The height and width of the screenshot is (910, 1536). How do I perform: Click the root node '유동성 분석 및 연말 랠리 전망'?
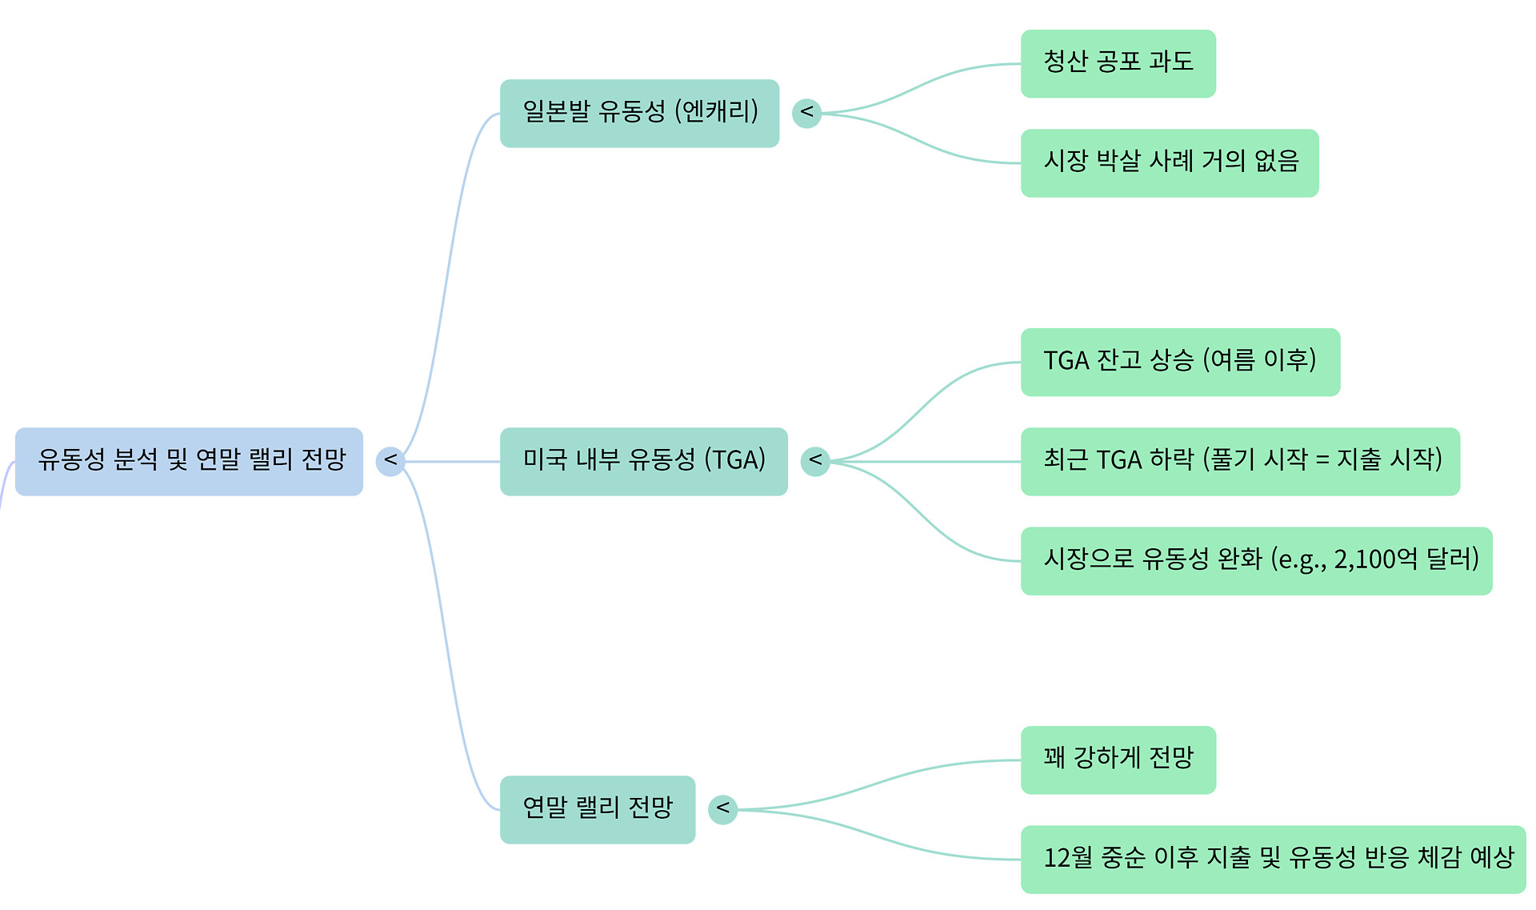coord(189,461)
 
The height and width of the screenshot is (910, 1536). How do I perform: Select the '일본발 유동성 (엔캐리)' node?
coord(639,113)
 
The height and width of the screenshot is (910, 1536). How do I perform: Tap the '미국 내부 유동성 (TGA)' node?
coord(643,461)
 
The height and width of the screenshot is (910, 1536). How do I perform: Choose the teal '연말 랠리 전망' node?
coord(597,809)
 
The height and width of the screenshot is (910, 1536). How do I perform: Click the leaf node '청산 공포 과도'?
coord(1118,63)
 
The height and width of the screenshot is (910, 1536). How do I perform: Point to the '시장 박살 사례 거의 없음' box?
coord(1169,162)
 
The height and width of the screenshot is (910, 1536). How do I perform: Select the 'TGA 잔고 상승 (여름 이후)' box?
coord(1180,362)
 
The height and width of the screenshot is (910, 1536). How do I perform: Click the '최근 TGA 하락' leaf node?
coord(1240,461)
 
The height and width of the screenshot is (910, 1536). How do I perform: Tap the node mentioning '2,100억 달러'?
coord(1256,560)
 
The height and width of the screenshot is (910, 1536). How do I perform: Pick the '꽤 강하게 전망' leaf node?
coord(1118,760)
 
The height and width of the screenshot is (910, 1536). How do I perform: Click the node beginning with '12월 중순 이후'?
coord(1273,859)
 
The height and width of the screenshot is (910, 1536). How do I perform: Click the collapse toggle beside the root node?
coord(390,461)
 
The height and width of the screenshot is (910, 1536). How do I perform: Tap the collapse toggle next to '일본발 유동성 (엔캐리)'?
coord(806,113)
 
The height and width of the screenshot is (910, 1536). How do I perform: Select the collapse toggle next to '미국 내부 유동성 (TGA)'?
coord(815,461)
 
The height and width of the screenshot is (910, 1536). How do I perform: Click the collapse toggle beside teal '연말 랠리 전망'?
coord(722,809)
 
